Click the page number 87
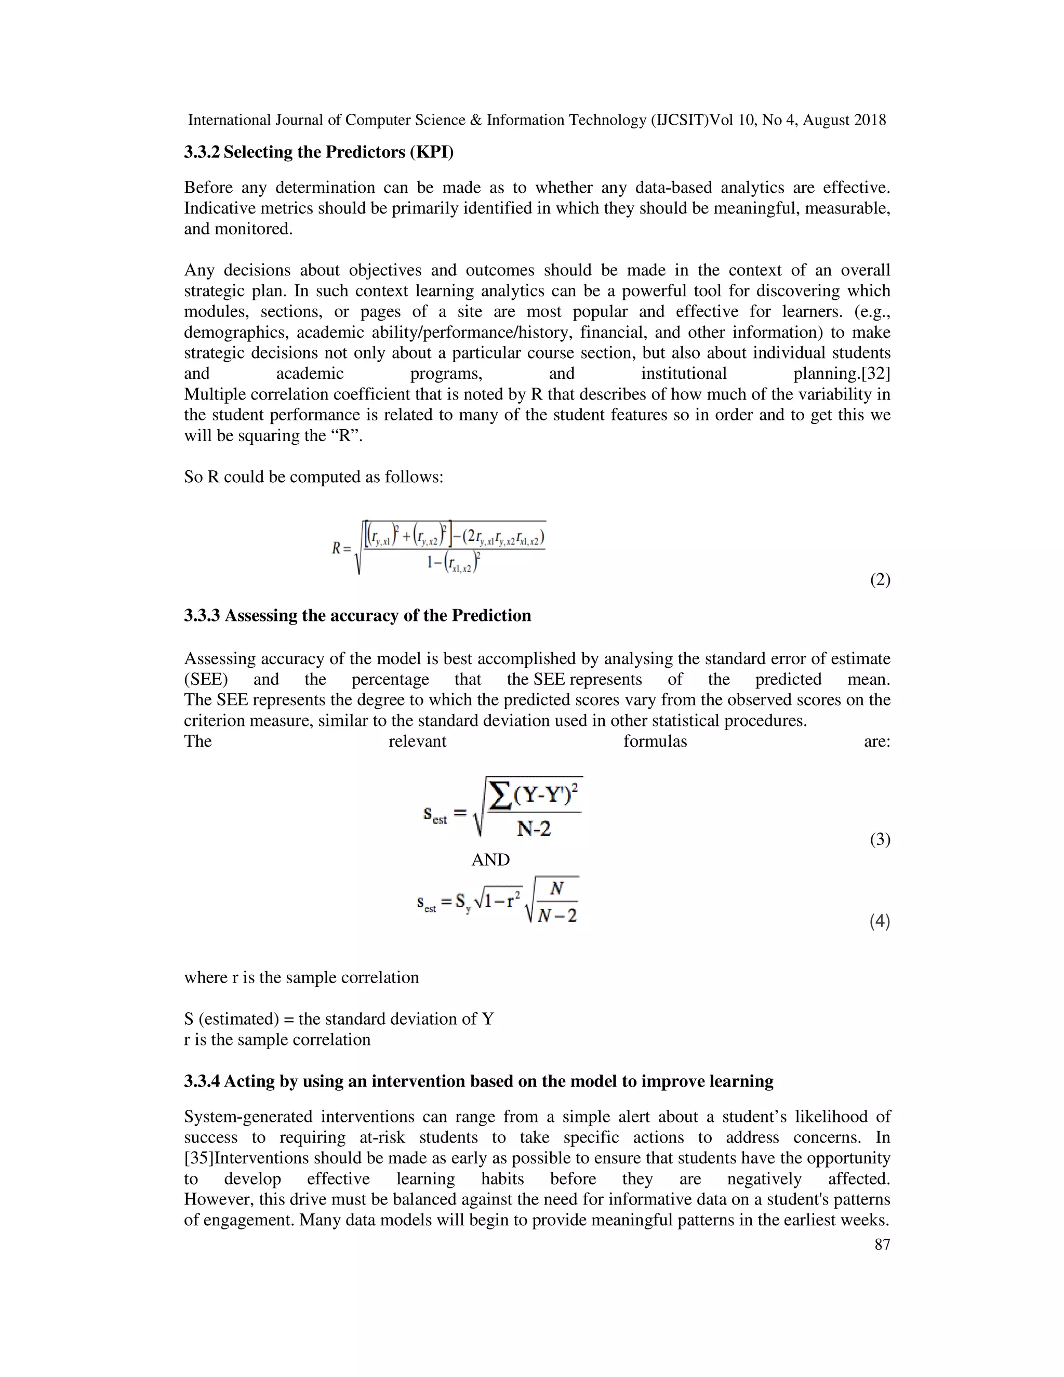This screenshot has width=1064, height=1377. [882, 1244]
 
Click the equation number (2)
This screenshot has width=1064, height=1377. [880, 579]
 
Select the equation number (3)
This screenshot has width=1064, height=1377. [880, 839]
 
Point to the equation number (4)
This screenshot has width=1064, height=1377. [880, 921]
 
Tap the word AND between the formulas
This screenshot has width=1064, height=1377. [490, 860]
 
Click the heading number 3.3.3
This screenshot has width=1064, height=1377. [202, 615]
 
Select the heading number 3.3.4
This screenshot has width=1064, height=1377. [202, 1081]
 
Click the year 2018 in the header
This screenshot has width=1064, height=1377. [869, 120]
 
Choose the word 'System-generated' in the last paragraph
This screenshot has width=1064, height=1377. [248, 1117]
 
